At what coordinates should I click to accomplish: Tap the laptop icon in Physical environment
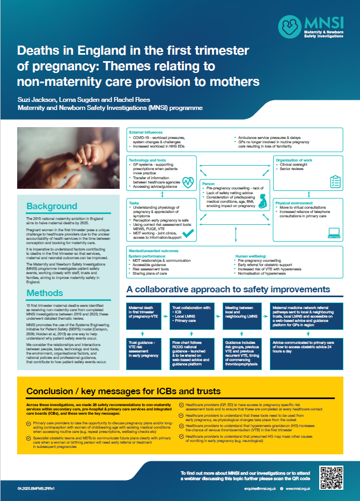pos(335,232)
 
